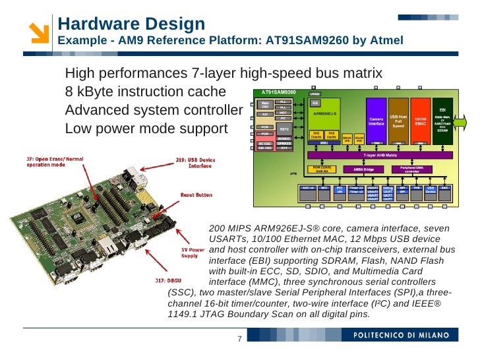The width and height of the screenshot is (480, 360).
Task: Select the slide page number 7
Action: click(239, 340)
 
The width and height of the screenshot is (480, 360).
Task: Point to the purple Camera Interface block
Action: click(376, 120)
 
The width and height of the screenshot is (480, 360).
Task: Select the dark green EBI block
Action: click(442, 120)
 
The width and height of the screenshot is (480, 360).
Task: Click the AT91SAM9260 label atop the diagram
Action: click(279, 92)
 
